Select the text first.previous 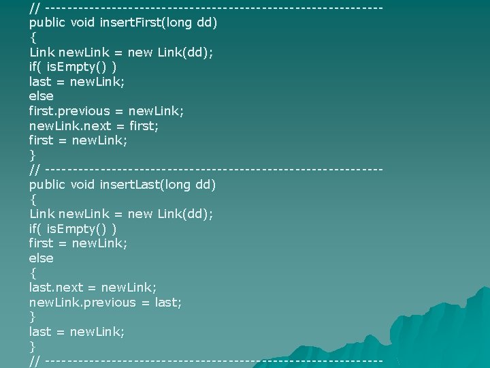click(69, 110)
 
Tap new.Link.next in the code click(73, 125)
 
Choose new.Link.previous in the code click(83, 302)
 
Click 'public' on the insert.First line click(48, 22)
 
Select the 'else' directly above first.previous click(41, 96)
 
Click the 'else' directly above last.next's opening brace click(41, 258)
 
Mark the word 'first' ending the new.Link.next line click(144, 125)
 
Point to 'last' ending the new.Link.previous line click(168, 302)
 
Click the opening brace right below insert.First click(33, 37)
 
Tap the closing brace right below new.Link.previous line click(33, 317)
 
